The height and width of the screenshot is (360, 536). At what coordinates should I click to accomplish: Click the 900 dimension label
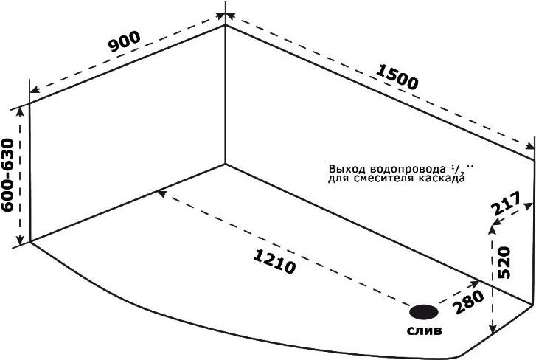(x=125, y=42)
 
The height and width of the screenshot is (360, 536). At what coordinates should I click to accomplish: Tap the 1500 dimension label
(x=397, y=77)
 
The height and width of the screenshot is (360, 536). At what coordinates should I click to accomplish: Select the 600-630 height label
(x=7, y=175)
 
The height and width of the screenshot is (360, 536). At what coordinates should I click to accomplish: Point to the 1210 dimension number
(x=274, y=262)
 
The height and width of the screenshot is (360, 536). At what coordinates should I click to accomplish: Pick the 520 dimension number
(x=504, y=262)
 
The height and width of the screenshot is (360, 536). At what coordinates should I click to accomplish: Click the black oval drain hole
(x=424, y=312)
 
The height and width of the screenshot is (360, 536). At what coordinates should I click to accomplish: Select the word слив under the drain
(x=424, y=330)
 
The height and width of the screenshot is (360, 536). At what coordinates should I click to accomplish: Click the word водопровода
(x=408, y=169)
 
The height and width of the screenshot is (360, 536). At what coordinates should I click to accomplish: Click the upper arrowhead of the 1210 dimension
(x=161, y=194)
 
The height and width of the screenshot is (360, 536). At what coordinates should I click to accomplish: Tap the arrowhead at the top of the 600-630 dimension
(x=20, y=111)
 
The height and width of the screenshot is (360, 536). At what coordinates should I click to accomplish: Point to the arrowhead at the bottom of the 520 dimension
(x=493, y=328)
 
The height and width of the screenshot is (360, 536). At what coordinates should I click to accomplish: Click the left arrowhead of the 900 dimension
(x=35, y=90)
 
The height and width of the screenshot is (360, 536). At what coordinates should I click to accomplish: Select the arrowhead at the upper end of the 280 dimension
(x=475, y=283)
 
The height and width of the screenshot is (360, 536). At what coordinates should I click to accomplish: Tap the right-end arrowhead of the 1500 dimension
(x=529, y=146)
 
